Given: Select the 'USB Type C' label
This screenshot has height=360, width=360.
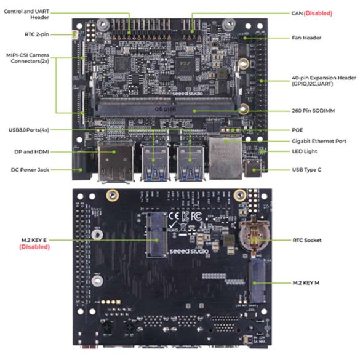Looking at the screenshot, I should (x=308, y=169).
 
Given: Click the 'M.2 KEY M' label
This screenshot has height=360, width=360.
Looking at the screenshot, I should (x=308, y=282).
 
